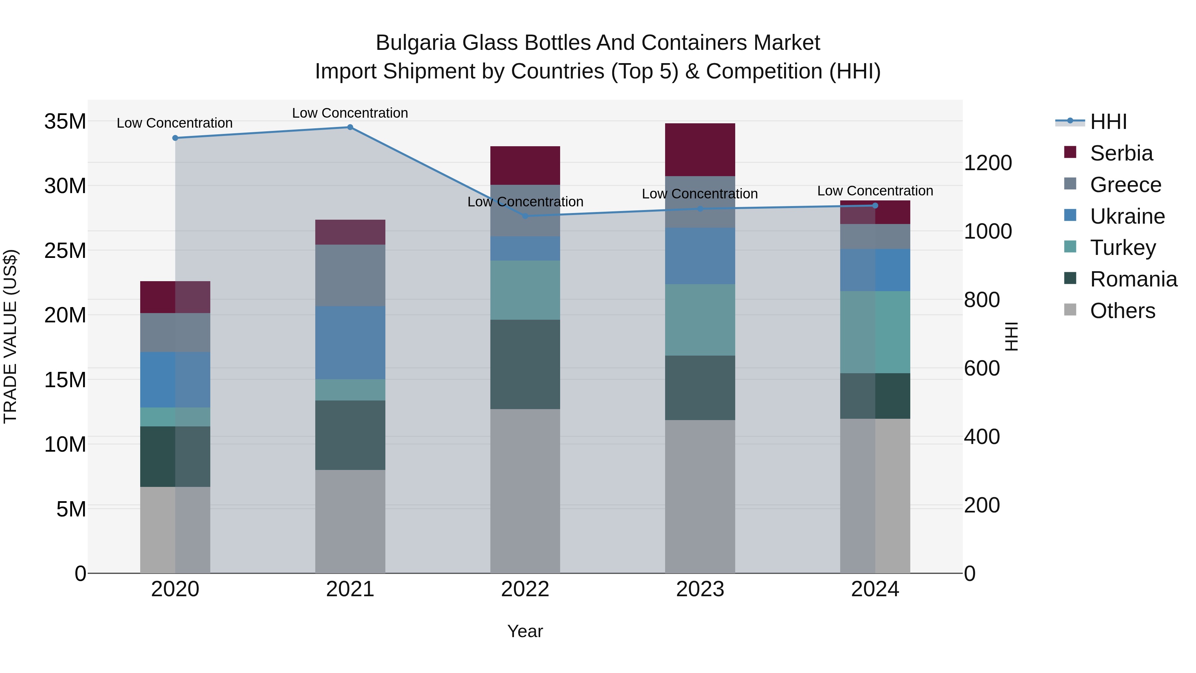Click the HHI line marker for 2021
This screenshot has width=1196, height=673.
(350, 127)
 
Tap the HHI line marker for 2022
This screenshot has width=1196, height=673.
(525, 216)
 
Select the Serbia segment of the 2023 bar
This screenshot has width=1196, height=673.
(700, 150)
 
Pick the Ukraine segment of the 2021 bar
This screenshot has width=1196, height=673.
(350, 342)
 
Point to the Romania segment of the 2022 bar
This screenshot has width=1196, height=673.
(525, 364)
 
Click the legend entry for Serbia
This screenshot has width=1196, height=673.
(1121, 153)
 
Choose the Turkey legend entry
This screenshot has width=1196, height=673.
(1123, 248)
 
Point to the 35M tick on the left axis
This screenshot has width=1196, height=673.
(65, 122)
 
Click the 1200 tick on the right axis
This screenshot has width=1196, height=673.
(988, 163)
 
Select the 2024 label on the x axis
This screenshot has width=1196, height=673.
(875, 589)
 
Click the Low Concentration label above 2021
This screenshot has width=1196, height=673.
(350, 113)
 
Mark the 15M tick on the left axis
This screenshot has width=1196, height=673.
(65, 380)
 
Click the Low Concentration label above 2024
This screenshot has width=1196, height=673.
(875, 191)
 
